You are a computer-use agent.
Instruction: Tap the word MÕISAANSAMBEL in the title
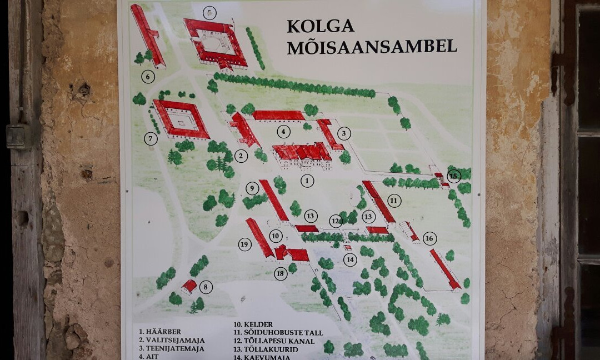pyautogui.click(x=372, y=47)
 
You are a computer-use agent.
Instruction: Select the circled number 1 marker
pyautogui.click(x=307, y=181)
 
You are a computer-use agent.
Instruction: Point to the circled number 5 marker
pyautogui.click(x=209, y=13)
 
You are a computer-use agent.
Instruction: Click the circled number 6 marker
pyautogui.click(x=148, y=77)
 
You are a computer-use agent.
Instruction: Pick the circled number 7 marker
pyautogui.click(x=151, y=139)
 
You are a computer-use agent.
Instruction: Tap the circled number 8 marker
pyautogui.click(x=206, y=287)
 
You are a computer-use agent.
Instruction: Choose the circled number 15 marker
pyautogui.click(x=454, y=176)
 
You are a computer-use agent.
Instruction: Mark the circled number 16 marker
pyautogui.click(x=429, y=238)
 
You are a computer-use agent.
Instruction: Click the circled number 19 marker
pyautogui.click(x=245, y=244)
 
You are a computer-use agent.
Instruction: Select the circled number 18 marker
pyautogui.click(x=281, y=273)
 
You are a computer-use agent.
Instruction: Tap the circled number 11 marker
pyautogui.click(x=394, y=201)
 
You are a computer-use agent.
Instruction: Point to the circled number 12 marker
pyautogui.click(x=336, y=221)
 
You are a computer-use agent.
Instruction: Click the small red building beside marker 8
pyautogui.click(x=189, y=286)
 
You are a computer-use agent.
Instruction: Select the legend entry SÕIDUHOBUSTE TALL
pyautogui.click(x=278, y=333)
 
